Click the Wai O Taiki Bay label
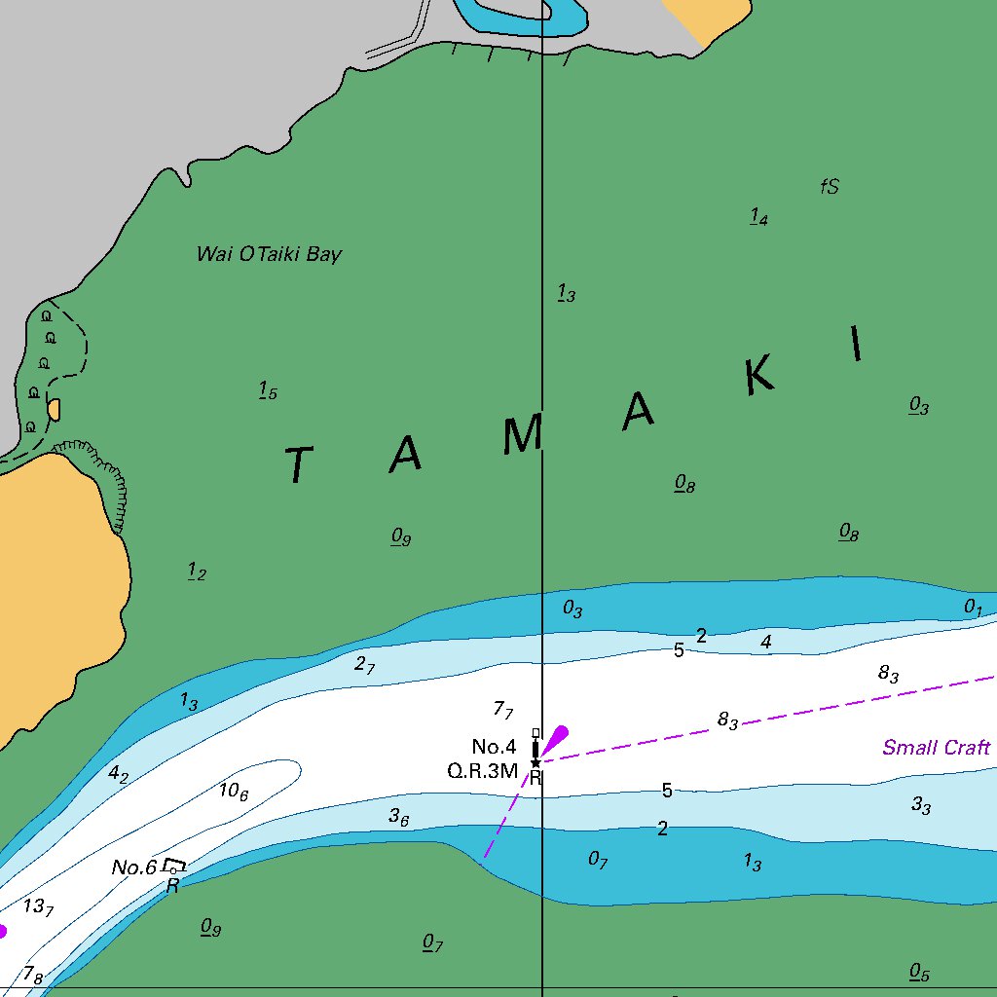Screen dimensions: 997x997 coord(269,255)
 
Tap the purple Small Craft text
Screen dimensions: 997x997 coord(936,748)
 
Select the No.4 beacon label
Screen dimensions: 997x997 coord(494,747)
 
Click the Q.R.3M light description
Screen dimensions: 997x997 coord(482,771)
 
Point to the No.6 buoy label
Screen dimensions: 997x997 coord(133,867)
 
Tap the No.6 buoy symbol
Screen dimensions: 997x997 coord(174,865)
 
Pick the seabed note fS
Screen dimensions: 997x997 coord(830,187)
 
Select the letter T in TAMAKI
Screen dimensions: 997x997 coord(300,465)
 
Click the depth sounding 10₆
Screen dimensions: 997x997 coord(234,792)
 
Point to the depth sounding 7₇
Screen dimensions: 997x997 coord(503,710)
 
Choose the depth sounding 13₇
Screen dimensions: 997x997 coord(38,907)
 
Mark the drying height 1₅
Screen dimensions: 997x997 coord(268,391)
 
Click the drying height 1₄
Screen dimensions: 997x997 coord(758,217)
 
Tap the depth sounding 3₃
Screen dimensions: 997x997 coord(921,806)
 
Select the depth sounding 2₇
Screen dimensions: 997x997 coord(364,665)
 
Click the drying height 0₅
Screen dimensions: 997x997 coord(919,973)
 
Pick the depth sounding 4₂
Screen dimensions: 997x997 coord(118,775)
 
